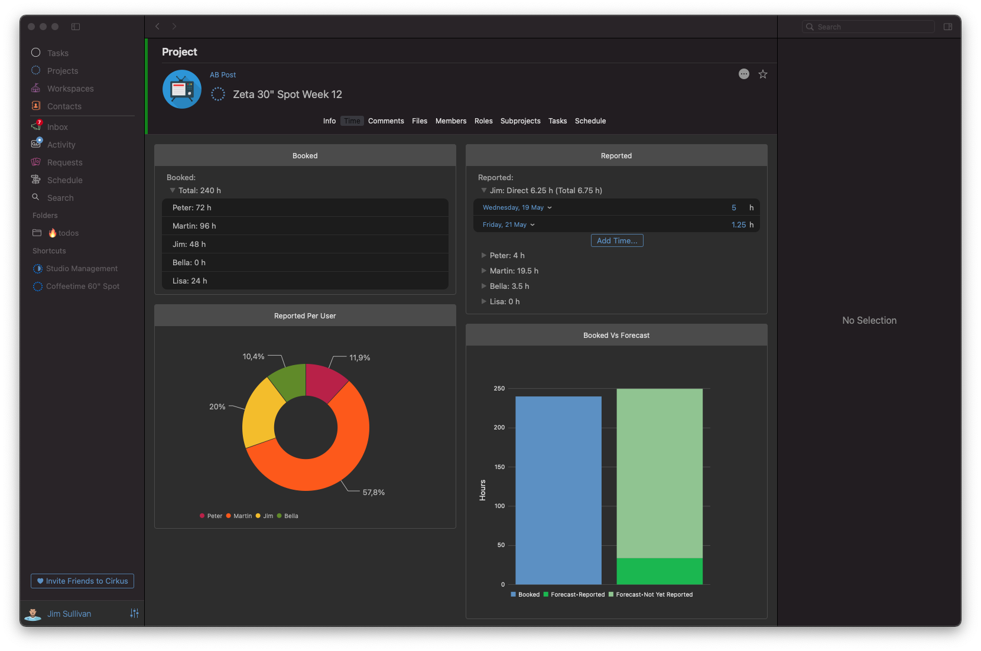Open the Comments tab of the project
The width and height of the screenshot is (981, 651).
point(386,121)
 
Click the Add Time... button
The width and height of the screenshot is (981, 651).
point(616,240)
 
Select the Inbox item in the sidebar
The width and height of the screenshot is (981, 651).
point(57,126)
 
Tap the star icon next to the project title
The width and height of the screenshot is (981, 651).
point(763,74)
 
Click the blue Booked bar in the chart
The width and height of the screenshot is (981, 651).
point(558,490)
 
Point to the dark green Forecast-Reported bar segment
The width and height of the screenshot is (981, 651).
point(660,571)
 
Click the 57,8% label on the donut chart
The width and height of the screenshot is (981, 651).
point(373,492)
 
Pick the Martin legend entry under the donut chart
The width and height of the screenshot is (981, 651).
point(239,516)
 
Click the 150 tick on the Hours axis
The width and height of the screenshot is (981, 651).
point(499,467)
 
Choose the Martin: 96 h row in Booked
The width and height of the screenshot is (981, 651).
point(306,226)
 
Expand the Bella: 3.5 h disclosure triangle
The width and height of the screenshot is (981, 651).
point(483,286)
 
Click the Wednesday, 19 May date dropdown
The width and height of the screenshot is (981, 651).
point(517,207)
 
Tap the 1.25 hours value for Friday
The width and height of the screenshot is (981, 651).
point(738,224)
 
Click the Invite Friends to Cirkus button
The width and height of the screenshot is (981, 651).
point(82,581)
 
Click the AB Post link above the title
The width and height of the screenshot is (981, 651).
point(222,75)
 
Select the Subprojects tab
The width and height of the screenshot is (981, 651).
point(520,121)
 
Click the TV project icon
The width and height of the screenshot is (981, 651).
point(182,89)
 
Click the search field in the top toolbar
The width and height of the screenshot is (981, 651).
point(869,27)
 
